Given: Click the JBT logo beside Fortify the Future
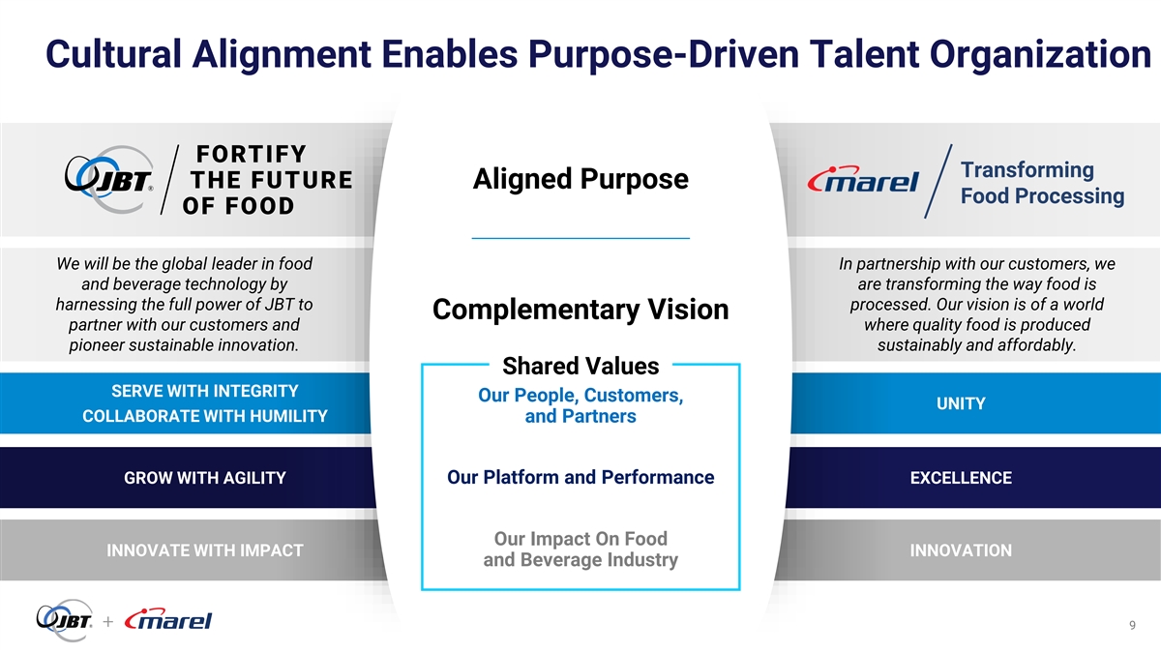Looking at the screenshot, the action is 108,179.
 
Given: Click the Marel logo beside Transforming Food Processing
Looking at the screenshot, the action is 863,179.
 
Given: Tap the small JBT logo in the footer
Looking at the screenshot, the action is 65,620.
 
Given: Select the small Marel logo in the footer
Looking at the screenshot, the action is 168,619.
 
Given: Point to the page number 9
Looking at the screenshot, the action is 1133,625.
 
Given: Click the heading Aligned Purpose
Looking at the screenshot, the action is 580,179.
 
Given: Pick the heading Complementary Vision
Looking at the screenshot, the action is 580,310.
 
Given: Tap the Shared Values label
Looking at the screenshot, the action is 580,366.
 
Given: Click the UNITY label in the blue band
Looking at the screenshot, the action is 961,403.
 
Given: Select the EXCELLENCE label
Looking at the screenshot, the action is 961,477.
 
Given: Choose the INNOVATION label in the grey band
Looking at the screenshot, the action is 961,549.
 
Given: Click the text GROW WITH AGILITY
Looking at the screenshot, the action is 205,477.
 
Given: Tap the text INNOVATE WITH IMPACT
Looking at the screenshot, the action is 205,549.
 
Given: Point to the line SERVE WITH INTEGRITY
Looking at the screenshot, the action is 205,391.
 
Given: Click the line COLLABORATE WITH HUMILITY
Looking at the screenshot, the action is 205,416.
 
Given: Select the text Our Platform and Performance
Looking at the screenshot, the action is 580,477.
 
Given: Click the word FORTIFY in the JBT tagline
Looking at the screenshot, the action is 252,154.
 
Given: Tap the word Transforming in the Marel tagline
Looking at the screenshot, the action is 1027,170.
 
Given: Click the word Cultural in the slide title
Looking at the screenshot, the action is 113,54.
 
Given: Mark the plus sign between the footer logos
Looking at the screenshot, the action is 107,621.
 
